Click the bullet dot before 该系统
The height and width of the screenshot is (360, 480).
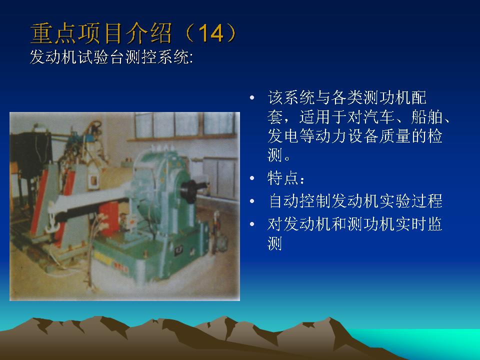click(x=252, y=97)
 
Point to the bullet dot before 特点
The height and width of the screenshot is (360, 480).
click(x=252, y=178)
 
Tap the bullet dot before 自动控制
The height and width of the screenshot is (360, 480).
click(x=252, y=201)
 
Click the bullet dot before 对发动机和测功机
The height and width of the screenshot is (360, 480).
click(x=252, y=224)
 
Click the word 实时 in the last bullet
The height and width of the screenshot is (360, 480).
click(x=410, y=224)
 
